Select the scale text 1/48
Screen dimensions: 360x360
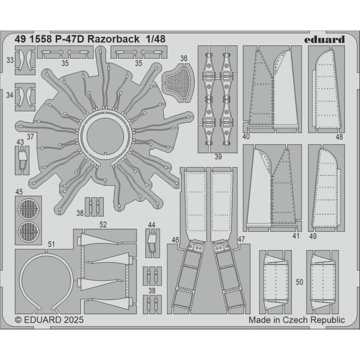155,40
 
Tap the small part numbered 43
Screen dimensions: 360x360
22,157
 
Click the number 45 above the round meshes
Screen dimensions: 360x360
18,192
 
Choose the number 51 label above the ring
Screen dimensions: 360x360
51,244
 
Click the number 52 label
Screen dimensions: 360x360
103,224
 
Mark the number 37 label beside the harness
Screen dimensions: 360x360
30,136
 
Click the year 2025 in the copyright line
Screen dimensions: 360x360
71,320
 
